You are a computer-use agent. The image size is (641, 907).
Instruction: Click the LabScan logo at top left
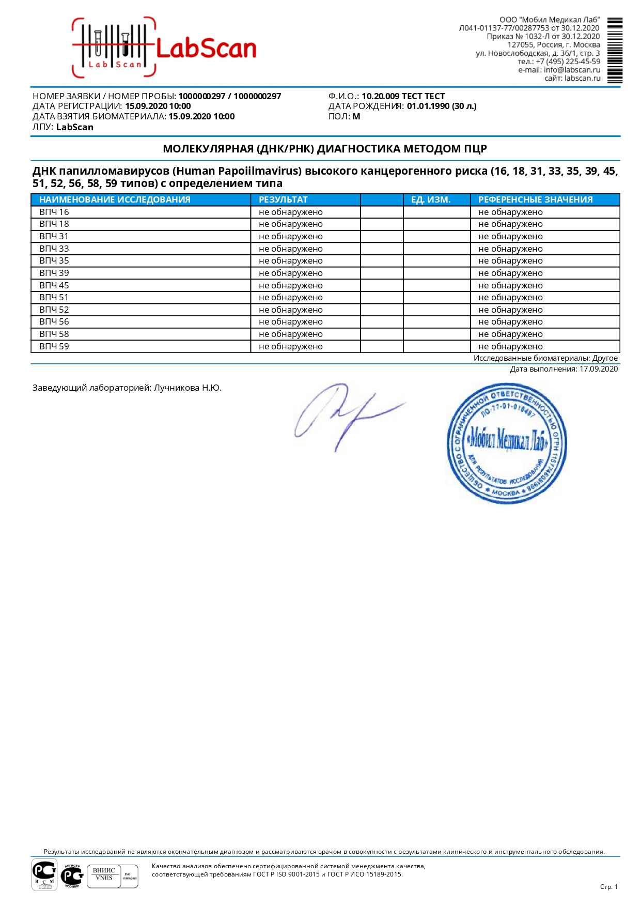coord(164,48)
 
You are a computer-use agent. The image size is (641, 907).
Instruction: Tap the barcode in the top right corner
coord(615,50)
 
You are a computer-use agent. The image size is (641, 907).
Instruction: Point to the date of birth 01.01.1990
coord(428,106)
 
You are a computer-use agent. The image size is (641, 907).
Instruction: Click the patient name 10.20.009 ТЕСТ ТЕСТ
coord(403,96)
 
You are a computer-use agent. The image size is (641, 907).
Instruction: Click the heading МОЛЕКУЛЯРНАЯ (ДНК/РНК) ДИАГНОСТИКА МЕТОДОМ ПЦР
coord(325,149)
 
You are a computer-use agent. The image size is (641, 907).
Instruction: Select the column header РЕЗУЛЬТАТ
coord(283,199)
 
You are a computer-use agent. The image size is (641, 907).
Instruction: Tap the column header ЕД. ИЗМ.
coord(431,199)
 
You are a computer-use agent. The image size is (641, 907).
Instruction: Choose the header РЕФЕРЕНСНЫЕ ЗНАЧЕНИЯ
coord(535,199)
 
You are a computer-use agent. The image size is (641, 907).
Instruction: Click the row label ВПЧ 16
coord(54,212)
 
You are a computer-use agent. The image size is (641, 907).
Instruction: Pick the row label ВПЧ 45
coord(54,285)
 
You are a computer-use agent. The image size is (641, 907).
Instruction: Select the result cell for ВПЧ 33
coord(291,249)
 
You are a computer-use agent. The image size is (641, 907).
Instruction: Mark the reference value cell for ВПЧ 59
coord(510,346)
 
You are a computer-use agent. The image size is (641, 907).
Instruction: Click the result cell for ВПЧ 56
coord(291,321)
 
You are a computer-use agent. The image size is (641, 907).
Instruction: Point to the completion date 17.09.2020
coord(599,369)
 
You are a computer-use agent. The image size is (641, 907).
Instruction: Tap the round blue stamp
coord(507,443)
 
